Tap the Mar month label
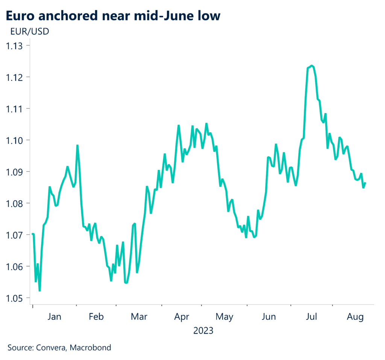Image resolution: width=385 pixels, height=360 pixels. click(x=139, y=317)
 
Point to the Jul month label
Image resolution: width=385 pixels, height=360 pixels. click(x=311, y=317)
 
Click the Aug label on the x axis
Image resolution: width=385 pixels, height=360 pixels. click(x=355, y=317)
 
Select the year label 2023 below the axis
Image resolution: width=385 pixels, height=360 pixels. click(x=203, y=331)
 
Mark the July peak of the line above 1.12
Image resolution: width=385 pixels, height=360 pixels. click(x=312, y=66)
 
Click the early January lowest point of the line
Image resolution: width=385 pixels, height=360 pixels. click(x=39, y=290)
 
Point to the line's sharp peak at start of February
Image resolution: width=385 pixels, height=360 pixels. click(x=77, y=145)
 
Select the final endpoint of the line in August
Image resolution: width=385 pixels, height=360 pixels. click(x=365, y=183)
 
